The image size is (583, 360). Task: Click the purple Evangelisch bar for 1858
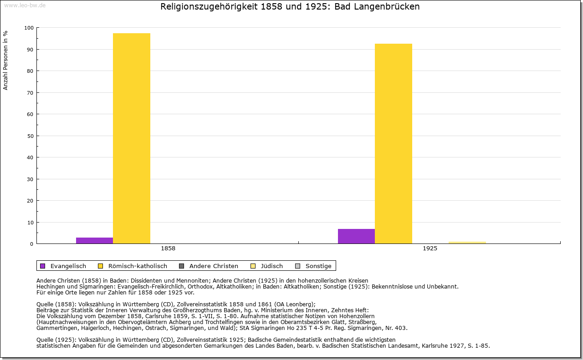94,240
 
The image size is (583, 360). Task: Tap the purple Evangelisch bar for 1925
356,236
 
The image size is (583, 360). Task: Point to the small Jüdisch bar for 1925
467,243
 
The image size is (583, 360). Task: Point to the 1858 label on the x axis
168,248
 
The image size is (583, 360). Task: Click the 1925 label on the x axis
430,248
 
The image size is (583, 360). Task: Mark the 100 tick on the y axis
29,28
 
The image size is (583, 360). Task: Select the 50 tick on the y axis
31,136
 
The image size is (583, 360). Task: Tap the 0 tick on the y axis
32,244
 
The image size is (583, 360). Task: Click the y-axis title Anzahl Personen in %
6,60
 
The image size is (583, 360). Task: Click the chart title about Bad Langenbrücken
290,7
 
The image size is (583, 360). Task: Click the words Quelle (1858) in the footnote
56,304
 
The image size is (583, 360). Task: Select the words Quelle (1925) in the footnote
56,340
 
